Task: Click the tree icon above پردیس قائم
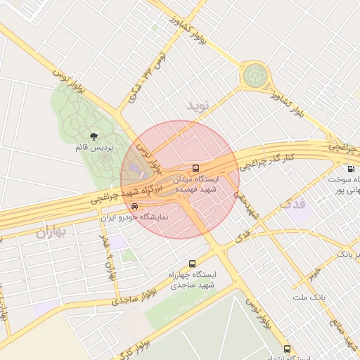click(94, 136)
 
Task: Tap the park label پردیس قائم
click(92, 148)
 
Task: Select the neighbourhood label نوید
click(199, 105)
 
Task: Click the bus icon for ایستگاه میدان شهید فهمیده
click(195, 169)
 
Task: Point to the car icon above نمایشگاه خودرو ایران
click(134, 207)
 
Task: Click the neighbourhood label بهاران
click(55, 232)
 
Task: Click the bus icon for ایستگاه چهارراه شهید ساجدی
click(193, 264)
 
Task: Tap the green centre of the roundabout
click(256, 75)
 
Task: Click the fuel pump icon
click(350, 169)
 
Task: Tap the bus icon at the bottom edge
click(286, 349)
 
